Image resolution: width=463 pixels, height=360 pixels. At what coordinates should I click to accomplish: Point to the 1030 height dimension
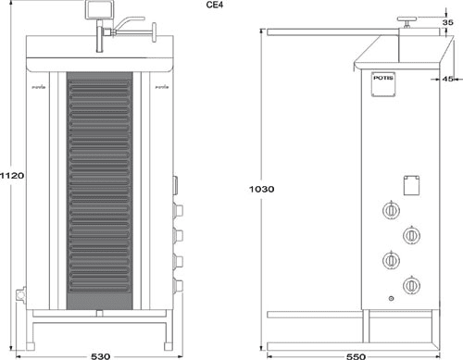pyautogui.click(x=262, y=189)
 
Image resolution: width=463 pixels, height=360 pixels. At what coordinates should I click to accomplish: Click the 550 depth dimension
pyautogui.click(x=355, y=354)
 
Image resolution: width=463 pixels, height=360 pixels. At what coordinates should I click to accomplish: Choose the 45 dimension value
pyautogui.click(x=448, y=80)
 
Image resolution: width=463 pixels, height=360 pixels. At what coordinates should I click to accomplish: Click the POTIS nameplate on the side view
pyautogui.click(x=382, y=80)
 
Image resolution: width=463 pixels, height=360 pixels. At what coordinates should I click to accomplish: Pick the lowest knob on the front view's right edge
pyautogui.click(x=179, y=285)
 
